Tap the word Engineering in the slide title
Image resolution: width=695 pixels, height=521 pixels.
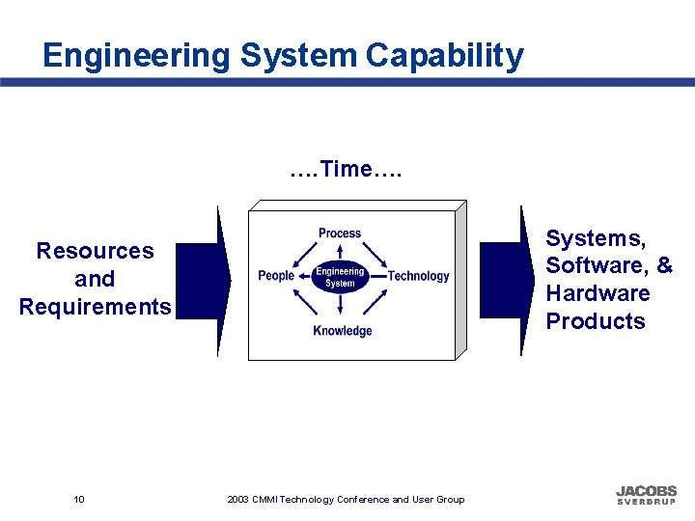click(x=136, y=56)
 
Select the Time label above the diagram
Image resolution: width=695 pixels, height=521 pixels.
click(x=346, y=170)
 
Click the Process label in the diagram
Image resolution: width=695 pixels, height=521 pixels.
click(x=340, y=233)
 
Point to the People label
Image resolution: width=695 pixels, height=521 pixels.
click(x=276, y=276)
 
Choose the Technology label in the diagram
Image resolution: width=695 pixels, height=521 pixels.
click(x=418, y=276)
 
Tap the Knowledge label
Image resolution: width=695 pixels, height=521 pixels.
click(x=342, y=332)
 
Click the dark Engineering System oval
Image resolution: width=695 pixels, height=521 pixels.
click(x=340, y=278)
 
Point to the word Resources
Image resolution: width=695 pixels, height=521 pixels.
click(x=95, y=252)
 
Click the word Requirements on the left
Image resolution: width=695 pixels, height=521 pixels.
click(x=95, y=308)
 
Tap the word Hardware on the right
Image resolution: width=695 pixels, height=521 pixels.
click(x=598, y=293)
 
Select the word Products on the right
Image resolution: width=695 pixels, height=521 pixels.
click(x=596, y=321)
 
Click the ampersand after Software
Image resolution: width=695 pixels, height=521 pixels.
click(x=664, y=265)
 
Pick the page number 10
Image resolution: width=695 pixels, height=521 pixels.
click(x=79, y=499)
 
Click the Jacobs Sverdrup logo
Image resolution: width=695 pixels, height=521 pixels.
click(x=646, y=495)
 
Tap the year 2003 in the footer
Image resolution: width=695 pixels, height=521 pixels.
click(x=237, y=500)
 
